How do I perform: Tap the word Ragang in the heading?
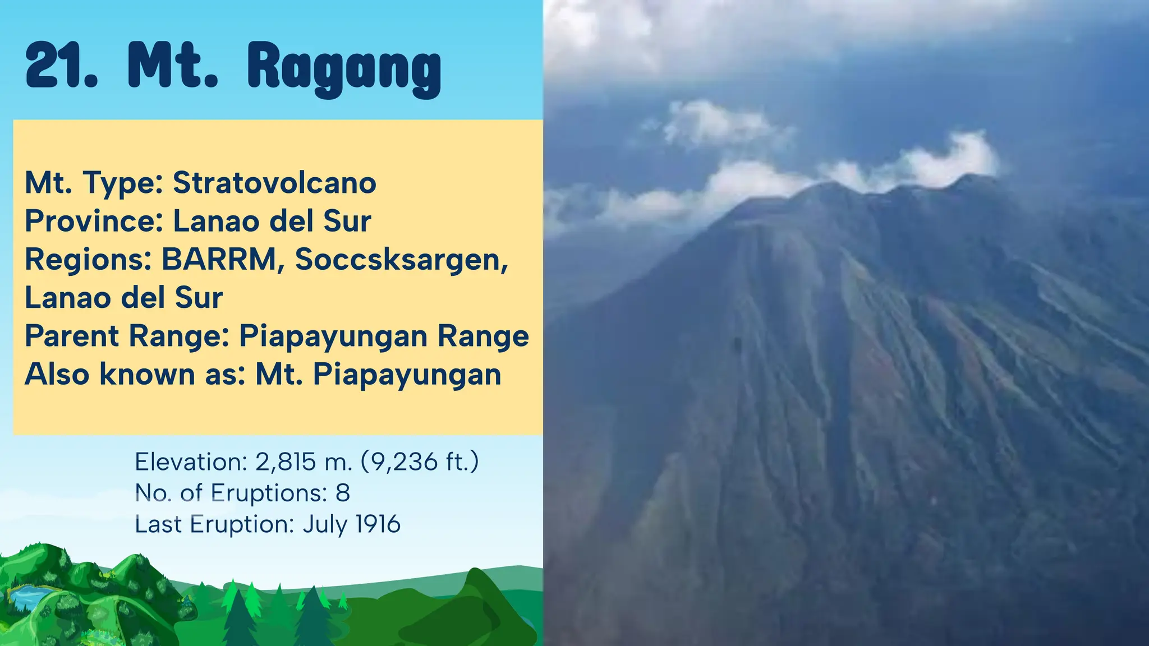(344, 68)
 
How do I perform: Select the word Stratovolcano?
(274, 183)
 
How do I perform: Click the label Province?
(94, 221)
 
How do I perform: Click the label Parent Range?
(127, 336)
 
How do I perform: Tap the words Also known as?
(135, 375)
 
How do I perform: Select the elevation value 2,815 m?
(304, 462)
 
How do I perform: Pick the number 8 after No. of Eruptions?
(343, 493)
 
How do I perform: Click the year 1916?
(378, 525)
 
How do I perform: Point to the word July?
(325, 525)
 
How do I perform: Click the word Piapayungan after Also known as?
(406, 375)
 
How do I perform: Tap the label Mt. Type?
(94, 183)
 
